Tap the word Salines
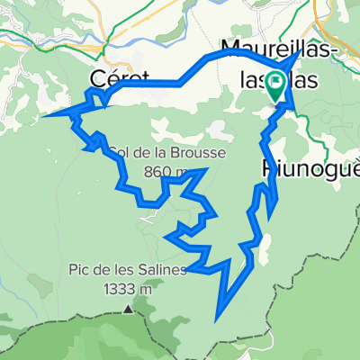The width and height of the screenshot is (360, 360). click(163, 268)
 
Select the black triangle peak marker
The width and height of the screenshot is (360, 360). click(128, 309)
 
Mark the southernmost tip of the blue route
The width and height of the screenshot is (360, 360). click(216, 318)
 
